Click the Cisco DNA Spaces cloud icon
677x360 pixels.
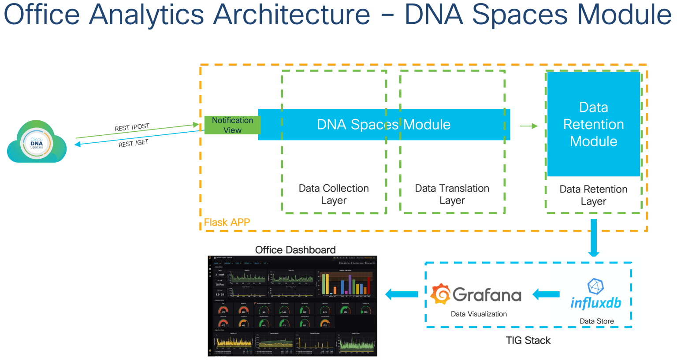coord(37,143)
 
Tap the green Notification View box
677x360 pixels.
coord(232,125)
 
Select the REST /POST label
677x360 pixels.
coord(132,127)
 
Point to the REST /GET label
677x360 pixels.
coord(133,143)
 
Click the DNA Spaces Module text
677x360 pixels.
coord(383,125)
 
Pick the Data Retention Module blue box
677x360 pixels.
coord(593,124)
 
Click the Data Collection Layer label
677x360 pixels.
coord(334,194)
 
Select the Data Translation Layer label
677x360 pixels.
coord(452,194)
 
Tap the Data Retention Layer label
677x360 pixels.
coord(593,195)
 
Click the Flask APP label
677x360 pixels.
coord(227,222)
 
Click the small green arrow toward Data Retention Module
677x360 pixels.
coord(528,126)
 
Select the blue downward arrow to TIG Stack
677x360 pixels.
coord(594,238)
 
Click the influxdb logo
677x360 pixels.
coord(596,295)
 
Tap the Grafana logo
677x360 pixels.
coord(476,294)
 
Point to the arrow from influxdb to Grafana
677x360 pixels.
coord(546,294)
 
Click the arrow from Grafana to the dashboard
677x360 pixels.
coord(402,294)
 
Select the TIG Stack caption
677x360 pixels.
coord(528,340)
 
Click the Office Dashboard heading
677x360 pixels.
coord(295,250)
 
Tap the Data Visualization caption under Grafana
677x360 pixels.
coord(479,314)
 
